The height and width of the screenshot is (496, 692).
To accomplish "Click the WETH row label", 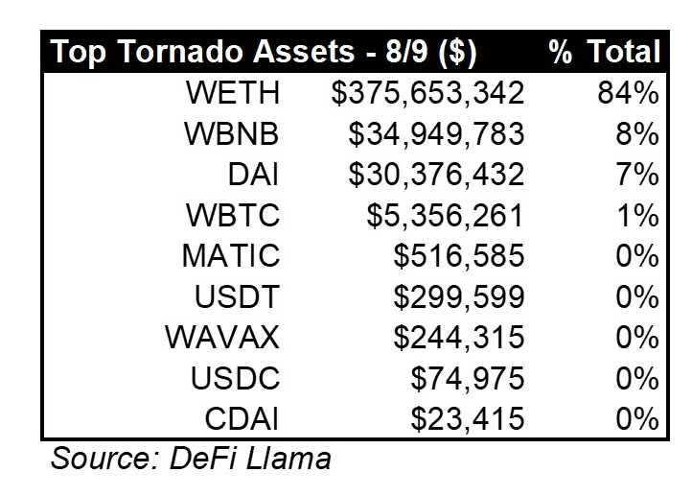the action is coord(233,93).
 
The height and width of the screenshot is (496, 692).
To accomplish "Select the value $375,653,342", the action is coord(427,94).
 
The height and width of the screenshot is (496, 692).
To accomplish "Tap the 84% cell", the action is coord(628,93).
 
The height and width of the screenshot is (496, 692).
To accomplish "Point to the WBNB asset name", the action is coord(232,133).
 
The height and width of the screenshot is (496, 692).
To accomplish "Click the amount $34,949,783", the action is coord(436,134).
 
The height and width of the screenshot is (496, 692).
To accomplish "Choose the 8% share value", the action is coord(637,133).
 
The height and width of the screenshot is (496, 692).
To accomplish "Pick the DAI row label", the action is coord(253,174).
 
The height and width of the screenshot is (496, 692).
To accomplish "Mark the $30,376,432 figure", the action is coord(436,175).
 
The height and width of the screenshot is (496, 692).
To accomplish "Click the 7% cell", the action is coord(637,175).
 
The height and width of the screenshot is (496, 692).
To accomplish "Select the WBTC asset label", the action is coord(233,215).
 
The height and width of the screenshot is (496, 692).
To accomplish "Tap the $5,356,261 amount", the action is coord(446,216).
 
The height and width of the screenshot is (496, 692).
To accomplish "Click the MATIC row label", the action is coord(231,255).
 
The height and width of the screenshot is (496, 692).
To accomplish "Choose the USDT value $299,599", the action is coord(459,296).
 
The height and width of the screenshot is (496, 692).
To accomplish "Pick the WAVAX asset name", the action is coord(222,338).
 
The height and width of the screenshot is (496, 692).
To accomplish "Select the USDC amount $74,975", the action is coord(468,379).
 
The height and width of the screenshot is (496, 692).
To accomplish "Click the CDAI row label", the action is coord(242,418).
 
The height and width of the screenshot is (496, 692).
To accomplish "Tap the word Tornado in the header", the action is coord(180,51).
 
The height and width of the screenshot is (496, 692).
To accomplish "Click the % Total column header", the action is coord(604,52).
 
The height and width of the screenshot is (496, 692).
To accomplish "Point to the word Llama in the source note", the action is coord(288,458).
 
